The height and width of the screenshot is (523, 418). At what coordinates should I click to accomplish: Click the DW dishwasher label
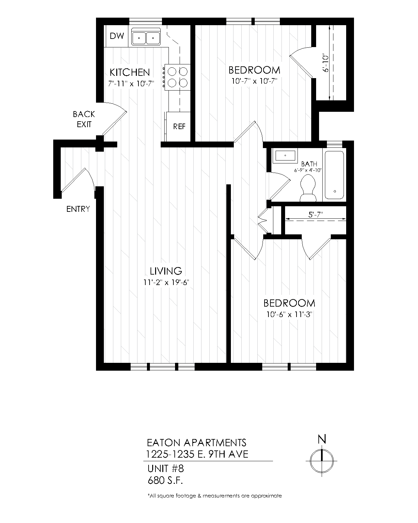117,36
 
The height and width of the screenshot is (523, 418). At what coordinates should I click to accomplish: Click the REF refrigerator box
179,127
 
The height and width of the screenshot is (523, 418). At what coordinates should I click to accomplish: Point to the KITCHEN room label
130,72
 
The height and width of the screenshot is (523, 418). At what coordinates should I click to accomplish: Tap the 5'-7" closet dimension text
315,215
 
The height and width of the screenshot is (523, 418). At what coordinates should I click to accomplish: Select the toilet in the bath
308,189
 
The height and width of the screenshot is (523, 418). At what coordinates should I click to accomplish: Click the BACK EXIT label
84,119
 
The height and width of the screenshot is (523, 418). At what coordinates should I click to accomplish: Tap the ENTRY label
78,209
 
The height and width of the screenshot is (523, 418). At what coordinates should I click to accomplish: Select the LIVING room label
166,271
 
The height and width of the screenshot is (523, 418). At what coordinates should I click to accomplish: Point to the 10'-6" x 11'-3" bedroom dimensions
289,314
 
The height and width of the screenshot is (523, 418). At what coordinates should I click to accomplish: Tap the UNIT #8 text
166,469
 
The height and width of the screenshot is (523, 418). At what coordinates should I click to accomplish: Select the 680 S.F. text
165,481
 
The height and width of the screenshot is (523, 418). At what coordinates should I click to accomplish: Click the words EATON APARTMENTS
197,443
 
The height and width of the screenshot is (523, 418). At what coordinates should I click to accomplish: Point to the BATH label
309,164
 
